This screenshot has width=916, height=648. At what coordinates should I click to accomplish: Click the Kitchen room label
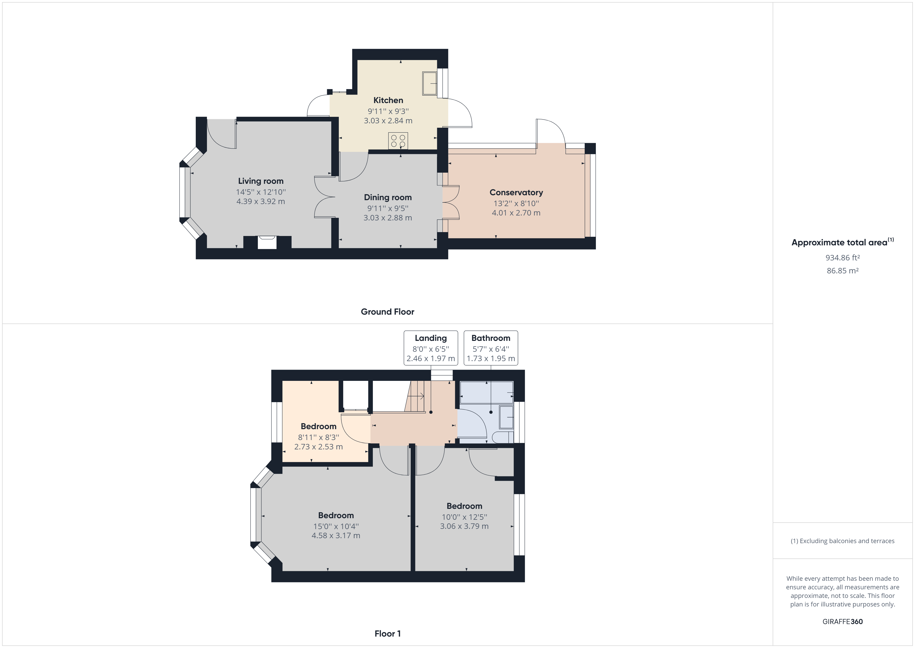pos(388,100)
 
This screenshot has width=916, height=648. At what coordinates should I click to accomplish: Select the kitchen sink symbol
pos(430,83)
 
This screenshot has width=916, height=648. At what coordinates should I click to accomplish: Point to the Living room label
pos(260,181)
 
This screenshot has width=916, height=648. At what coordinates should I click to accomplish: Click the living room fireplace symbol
pos(267,242)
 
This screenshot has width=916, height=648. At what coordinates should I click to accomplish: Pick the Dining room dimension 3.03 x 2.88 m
pos(387,218)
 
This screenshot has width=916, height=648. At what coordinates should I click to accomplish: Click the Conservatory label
pos(516,192)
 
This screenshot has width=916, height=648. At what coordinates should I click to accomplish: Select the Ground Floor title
pos(387,312)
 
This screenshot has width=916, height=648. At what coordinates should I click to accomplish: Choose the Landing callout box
pos(430,348)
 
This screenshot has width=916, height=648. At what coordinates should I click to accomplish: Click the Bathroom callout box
pos(491,348)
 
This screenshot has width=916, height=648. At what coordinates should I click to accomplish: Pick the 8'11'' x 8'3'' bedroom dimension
pos(318,437)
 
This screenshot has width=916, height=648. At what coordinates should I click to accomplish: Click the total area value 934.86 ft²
pos(842,258)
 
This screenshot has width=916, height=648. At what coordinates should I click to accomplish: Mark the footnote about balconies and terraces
pos(842,541)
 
